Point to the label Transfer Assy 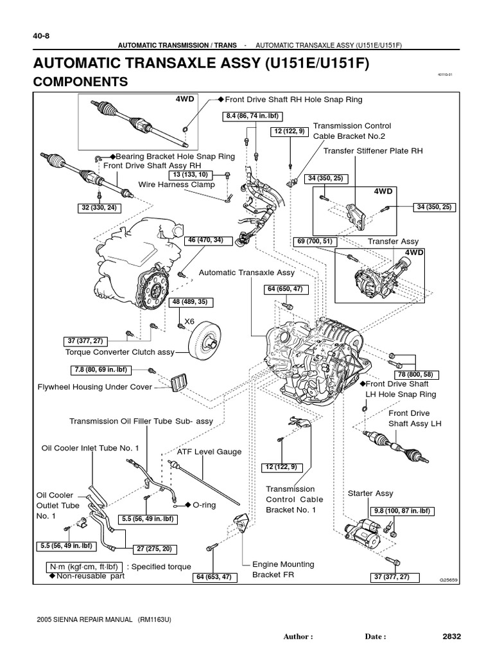coord(393,242)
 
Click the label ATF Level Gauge coord(209,452)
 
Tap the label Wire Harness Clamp coord(177,184)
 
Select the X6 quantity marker coord(189,321)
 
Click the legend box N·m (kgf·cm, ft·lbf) coord(83,567)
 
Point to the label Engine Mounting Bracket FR coord(283,569)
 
